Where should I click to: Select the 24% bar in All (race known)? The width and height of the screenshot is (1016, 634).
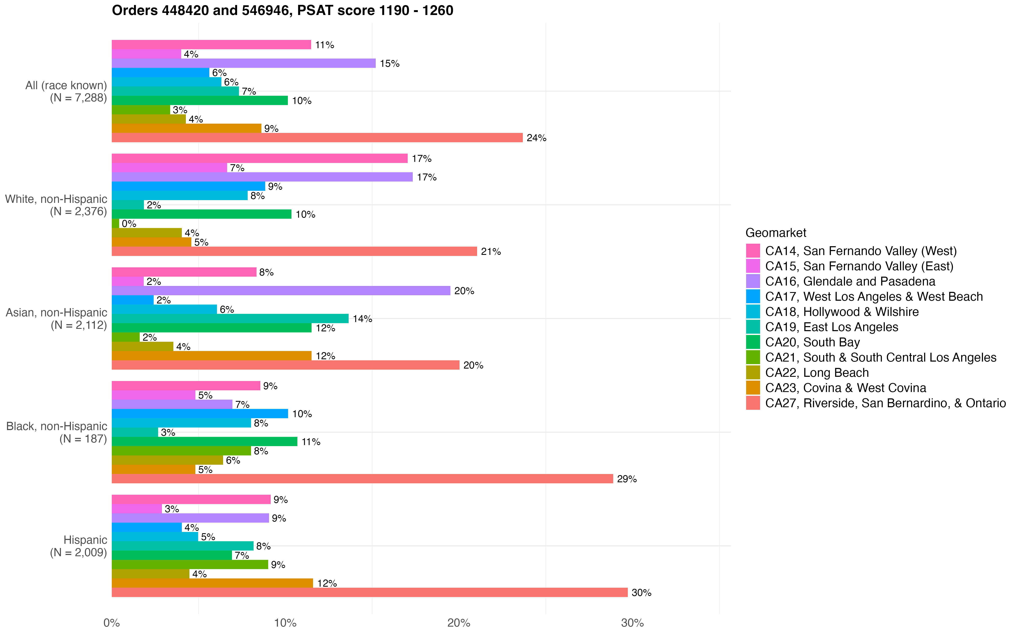(x=317, y=138)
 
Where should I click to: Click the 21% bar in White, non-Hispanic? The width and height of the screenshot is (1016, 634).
(x=294, y=251)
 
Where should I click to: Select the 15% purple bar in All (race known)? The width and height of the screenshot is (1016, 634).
(x=243, y=63)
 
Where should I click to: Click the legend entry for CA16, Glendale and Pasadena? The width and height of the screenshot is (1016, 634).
(x=850, y=281)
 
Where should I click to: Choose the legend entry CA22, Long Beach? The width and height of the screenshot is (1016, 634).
(x=817, y=373)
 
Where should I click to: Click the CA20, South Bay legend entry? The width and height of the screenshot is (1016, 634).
(x=812, y=342)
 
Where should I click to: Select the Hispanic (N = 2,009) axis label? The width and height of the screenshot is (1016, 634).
(x=79, y=546)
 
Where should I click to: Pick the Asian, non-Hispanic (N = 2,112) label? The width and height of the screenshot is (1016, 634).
(x=57, y=319)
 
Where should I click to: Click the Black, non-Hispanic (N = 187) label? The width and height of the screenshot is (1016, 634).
(x=57, y=432)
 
